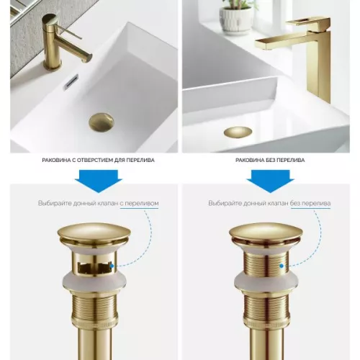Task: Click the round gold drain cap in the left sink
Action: click(102, 122)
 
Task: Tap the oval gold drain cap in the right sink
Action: click(238, 132)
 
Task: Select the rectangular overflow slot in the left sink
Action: click(71, 82)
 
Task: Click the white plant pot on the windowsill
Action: click(236, 19)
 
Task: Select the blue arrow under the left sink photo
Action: click(99, 181)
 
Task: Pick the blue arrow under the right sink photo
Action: click(270, 181)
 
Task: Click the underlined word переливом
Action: click(139, 203)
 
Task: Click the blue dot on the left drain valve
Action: click(112, 266)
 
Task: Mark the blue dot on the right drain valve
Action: click(282, 266)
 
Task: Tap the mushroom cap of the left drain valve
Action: click(94, 233)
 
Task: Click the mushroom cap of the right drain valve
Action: click(266, 233)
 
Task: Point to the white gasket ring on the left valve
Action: click(94, 281)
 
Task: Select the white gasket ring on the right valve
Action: click(266, 281)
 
